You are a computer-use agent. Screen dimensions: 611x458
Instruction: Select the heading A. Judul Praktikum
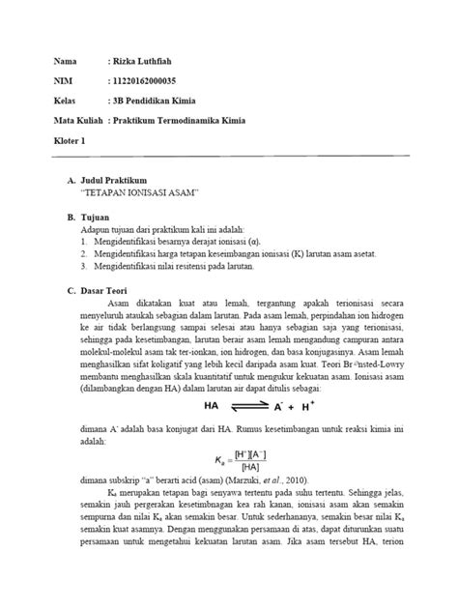111,181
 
